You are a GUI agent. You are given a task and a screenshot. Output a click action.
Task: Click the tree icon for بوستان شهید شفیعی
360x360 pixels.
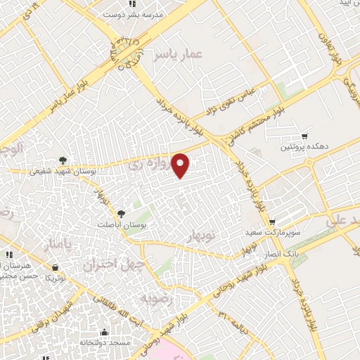pyautogui.click(x=63, y=160)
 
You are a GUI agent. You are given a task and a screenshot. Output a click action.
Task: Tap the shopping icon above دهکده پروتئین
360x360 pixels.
pyautogui.click(x=304, y=136)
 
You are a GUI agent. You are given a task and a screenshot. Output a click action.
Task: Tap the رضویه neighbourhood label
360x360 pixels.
pyautogui.click(x=156, y=300)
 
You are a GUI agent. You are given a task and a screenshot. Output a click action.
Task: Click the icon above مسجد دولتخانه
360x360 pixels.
pyautogui.click(x=104, y=332)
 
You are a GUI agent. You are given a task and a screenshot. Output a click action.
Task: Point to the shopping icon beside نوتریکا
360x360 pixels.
pyautogui.click(x=56, y=267)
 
